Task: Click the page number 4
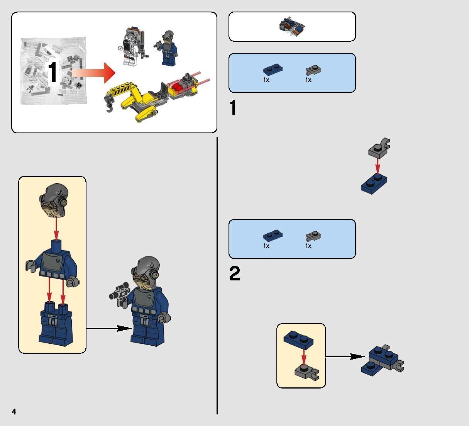click(x=14, y=411)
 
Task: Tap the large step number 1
click(x=233, y=108)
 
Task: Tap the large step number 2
click(x=234, y=274)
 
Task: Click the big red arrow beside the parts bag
click(x=94, y=72)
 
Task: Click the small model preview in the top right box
click(x=292, y=26)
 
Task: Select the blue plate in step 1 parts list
click(x=273, y=70)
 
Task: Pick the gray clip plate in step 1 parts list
click(x=313, y=70)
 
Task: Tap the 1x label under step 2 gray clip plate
click(x=308, y=246)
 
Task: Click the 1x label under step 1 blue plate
click(x=266, y=80)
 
